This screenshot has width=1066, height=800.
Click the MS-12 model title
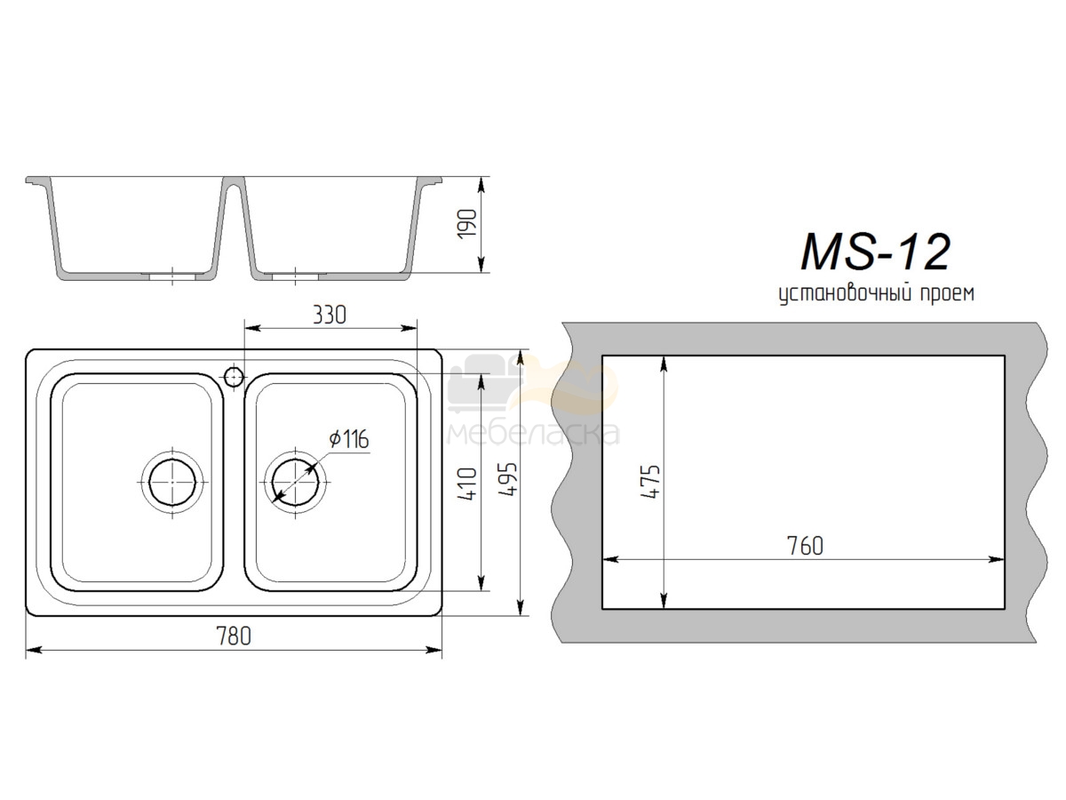pos(875,252)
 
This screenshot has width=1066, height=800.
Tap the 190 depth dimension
pos(467,224)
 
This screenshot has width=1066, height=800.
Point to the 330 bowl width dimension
pos(330,315)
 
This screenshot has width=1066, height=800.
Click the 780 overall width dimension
pos(234,636)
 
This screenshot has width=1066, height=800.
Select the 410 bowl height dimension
pos(467,484)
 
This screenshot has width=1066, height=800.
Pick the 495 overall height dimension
pos(508,479)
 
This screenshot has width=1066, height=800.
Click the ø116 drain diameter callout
pos(349,439)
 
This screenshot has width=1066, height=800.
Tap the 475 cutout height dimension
pos(650,482)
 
